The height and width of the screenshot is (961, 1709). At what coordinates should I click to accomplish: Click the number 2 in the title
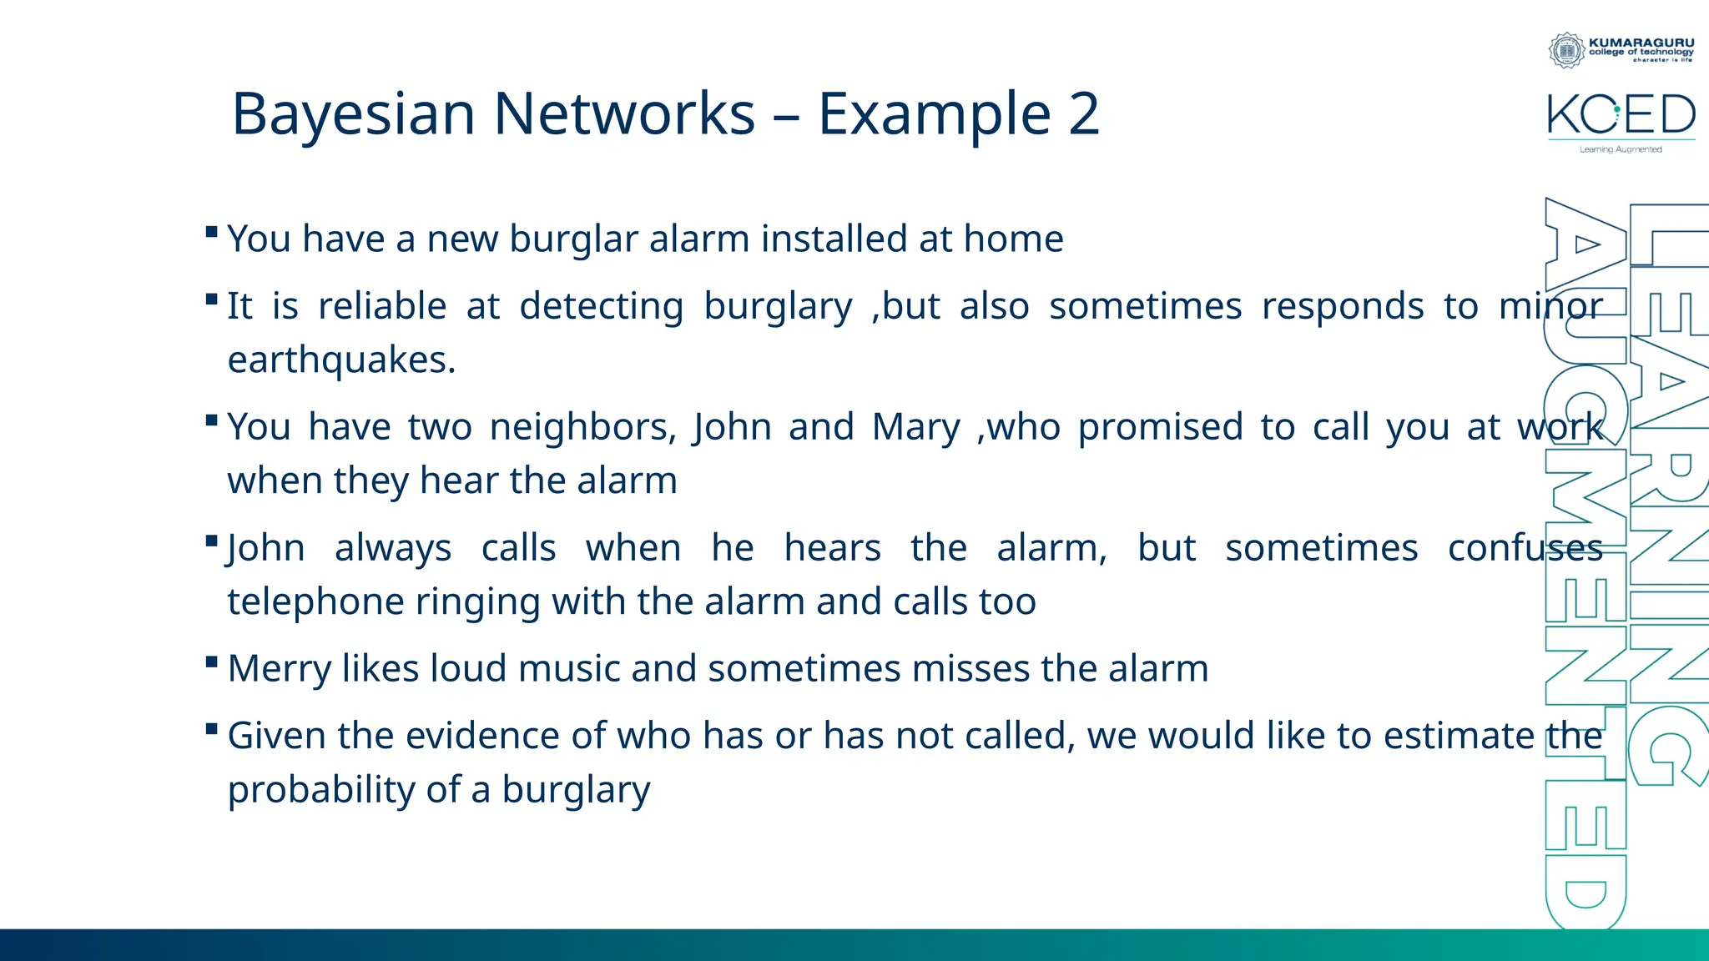(x=1083, y=114)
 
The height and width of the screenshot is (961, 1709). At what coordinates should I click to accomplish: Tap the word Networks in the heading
(x=623, y=114)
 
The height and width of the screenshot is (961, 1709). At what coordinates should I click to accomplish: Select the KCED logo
(x=1621, y=115)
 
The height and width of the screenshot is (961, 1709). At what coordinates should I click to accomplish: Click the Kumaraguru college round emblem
(x=1566, y=50)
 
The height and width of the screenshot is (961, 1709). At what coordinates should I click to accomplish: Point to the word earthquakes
(x=341, y=360)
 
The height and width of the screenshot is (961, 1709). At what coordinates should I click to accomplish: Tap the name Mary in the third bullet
(x=915, y=428)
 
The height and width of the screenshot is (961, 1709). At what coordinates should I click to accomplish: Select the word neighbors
(x=582, y=428)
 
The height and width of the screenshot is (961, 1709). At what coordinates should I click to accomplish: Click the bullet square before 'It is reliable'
(x=212, y=299)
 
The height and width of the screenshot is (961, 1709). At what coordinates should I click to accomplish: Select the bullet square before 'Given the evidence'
(x=212, y=729)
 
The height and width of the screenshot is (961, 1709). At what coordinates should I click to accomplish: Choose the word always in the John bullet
(x=392, y=549)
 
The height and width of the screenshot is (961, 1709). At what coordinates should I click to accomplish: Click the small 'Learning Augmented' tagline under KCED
(x=1620, y=149)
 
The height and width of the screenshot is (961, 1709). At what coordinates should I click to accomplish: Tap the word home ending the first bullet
(x=1013, y=239)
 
